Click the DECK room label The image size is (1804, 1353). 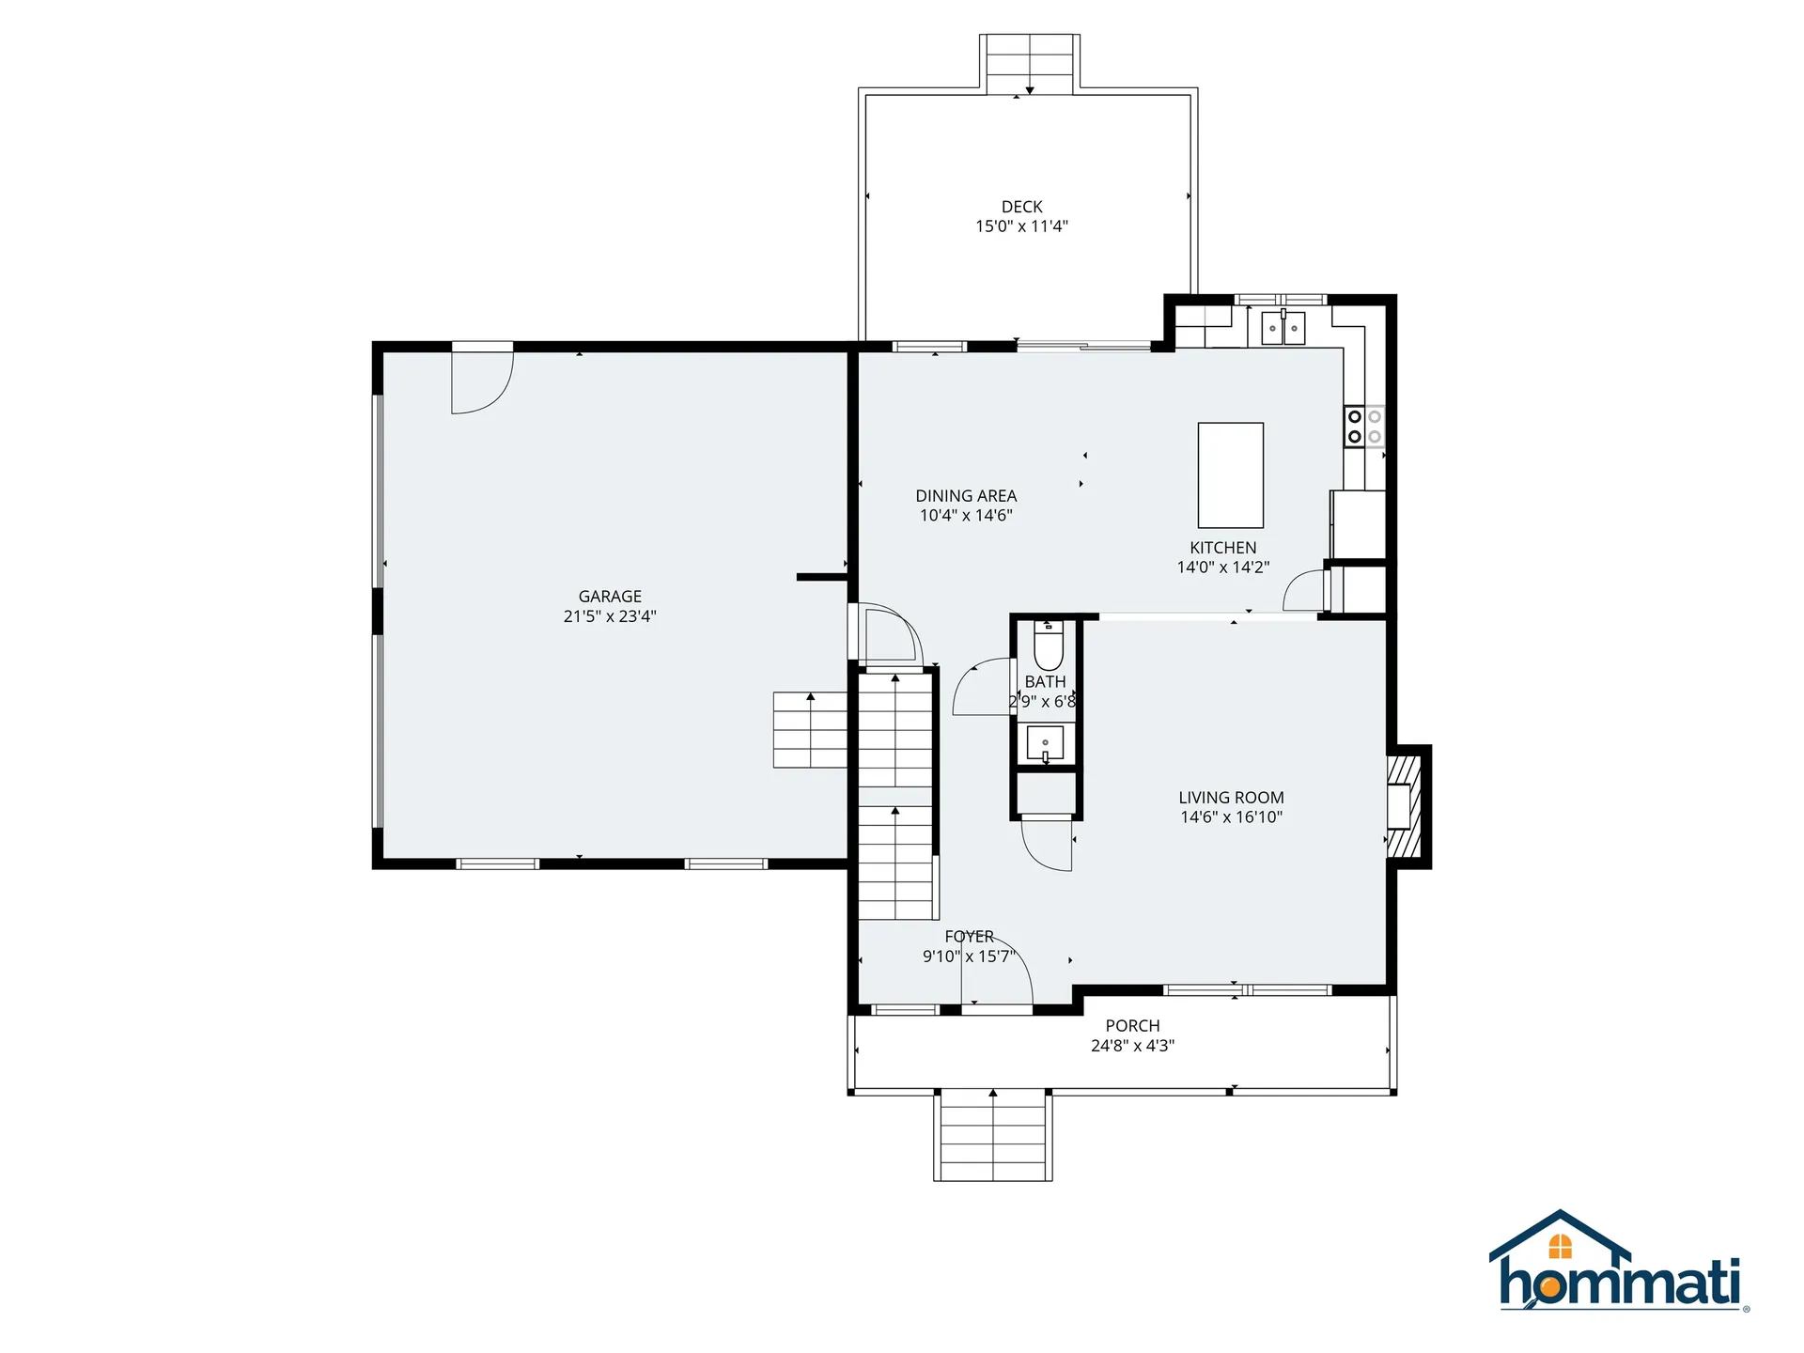1021,207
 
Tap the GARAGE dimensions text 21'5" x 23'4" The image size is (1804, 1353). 610,616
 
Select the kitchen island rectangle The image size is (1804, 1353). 1230,475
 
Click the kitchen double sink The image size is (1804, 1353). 1283,329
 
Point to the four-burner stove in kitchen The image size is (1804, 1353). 1364,426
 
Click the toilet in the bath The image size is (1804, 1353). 1048,645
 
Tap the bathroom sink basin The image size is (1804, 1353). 1045,742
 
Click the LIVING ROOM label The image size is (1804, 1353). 1231,798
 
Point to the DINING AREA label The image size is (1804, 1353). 966,496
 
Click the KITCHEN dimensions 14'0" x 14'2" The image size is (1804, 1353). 1222,568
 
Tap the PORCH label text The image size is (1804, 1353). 1132,1026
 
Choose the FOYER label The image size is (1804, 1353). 969,937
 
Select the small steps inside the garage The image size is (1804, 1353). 809,731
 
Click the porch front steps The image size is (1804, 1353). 993,1137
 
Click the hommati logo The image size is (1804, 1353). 1618,1264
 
